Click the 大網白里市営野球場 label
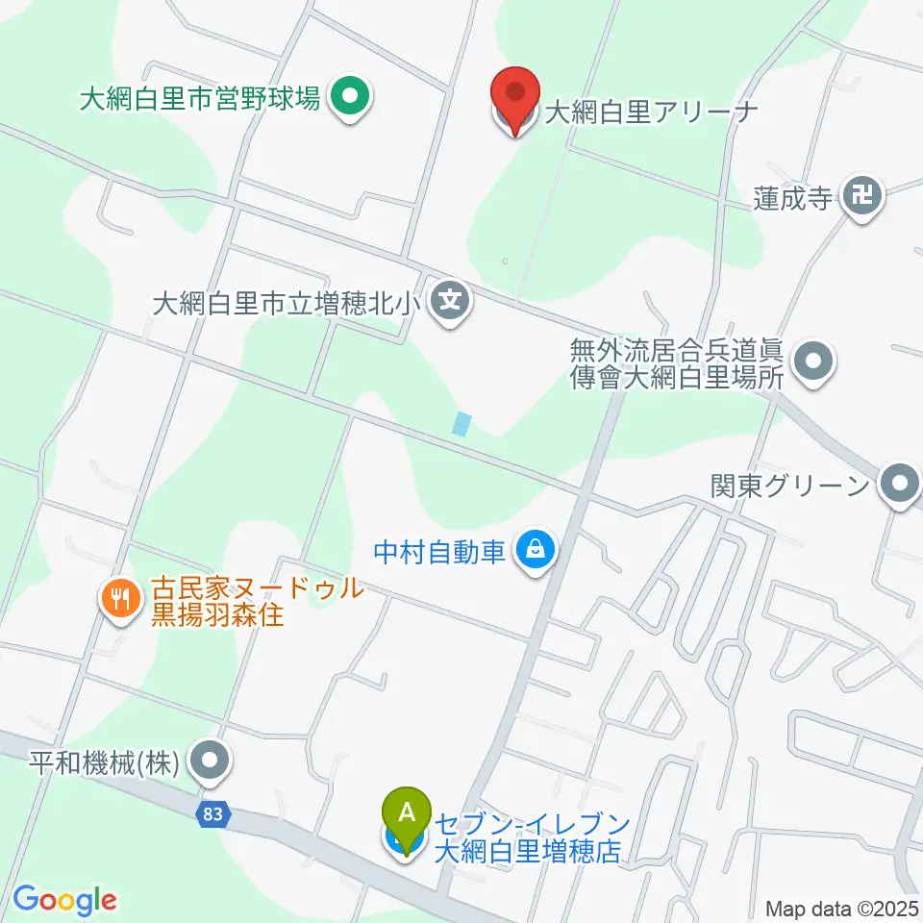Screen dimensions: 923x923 200,98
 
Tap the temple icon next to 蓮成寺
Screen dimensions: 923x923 862,198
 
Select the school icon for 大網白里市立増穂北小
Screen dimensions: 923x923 450,303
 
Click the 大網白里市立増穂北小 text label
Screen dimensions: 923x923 286,304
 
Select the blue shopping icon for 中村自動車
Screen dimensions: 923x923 532,551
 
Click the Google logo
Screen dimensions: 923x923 64,900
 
